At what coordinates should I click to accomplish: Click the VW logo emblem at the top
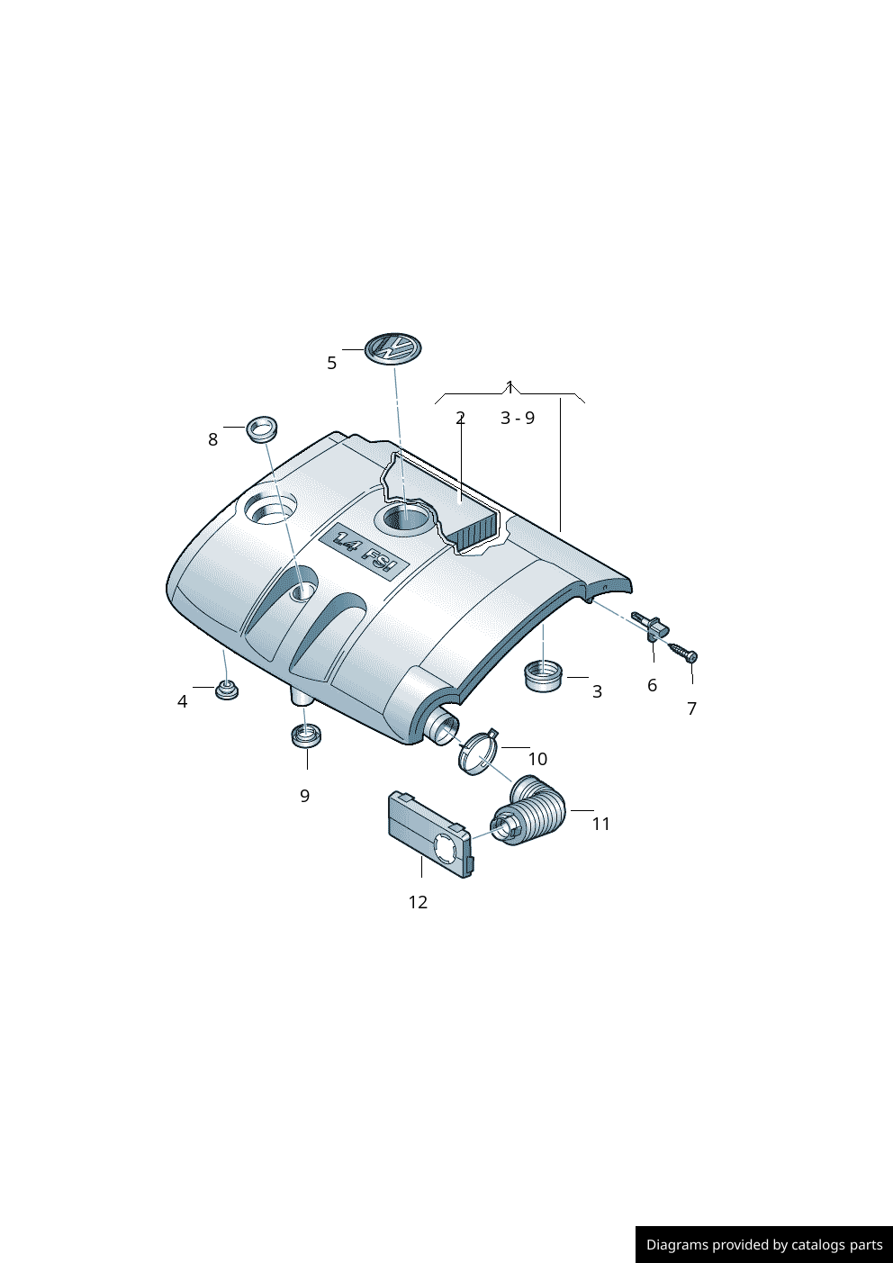[x=393, y=348]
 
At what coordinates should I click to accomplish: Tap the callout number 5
[x=331, y=363]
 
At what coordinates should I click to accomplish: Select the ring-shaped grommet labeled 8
[x=262, y=429]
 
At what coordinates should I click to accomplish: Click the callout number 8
[x=212, y=439]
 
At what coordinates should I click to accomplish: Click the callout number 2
[x=460, y=418]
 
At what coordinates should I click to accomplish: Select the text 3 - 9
[x=518, y=418]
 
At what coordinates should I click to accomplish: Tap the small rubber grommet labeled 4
[x=226, y=691]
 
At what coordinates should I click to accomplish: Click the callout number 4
[x=182, y=701]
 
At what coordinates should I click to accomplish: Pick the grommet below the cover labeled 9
[x=307, y=735]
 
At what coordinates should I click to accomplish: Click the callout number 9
[x=304, y=796]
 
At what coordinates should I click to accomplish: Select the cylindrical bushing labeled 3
[x=544, y=675]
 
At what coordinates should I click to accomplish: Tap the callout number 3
[x=597, y=691]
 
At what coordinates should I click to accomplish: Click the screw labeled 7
[x=684, y=651]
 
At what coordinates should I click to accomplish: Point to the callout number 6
[x=652, y=685]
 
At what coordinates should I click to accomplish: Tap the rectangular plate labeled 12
[x=429, y=834]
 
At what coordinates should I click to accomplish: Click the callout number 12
[x=418, y=902]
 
